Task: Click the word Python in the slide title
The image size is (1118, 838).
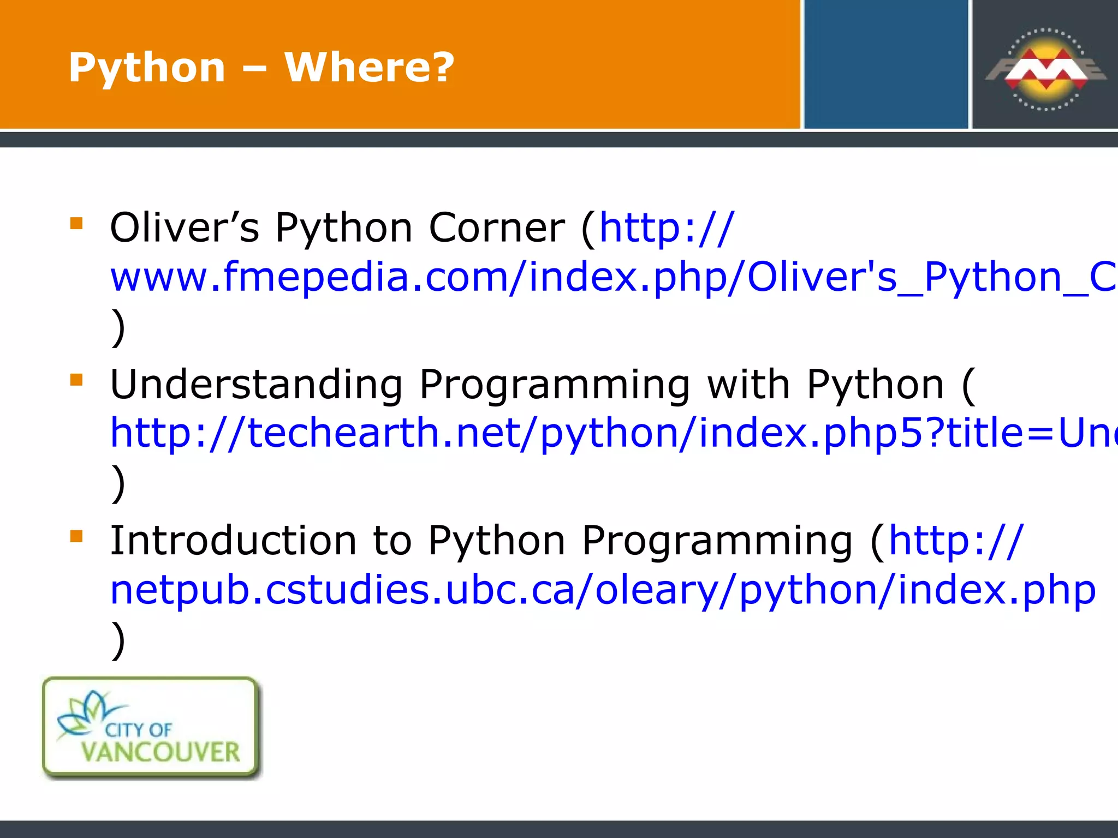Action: click(x=147, y=68)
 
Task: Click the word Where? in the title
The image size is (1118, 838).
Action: click(x=370, y=67)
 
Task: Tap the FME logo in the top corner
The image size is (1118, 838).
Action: click(x=1045, y=69)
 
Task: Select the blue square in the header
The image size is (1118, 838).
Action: click(x=885, y=64)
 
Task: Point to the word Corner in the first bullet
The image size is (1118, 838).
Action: click(x=497, y=228)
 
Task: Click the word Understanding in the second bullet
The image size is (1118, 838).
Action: click(x=256, y=385)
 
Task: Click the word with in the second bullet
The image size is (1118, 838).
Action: click(x=748, y=385)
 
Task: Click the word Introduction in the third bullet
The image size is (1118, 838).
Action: click(x=233, y=541)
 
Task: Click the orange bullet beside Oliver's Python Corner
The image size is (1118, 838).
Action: click(x=76, y=223)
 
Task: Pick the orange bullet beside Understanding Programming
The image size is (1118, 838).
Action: click(x=76, y=379)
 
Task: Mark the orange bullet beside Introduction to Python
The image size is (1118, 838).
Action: click(x=76, y=536)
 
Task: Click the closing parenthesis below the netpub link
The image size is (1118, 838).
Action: click(x=118, y=639)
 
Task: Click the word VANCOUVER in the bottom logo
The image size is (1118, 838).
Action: click(x=160, y=752)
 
